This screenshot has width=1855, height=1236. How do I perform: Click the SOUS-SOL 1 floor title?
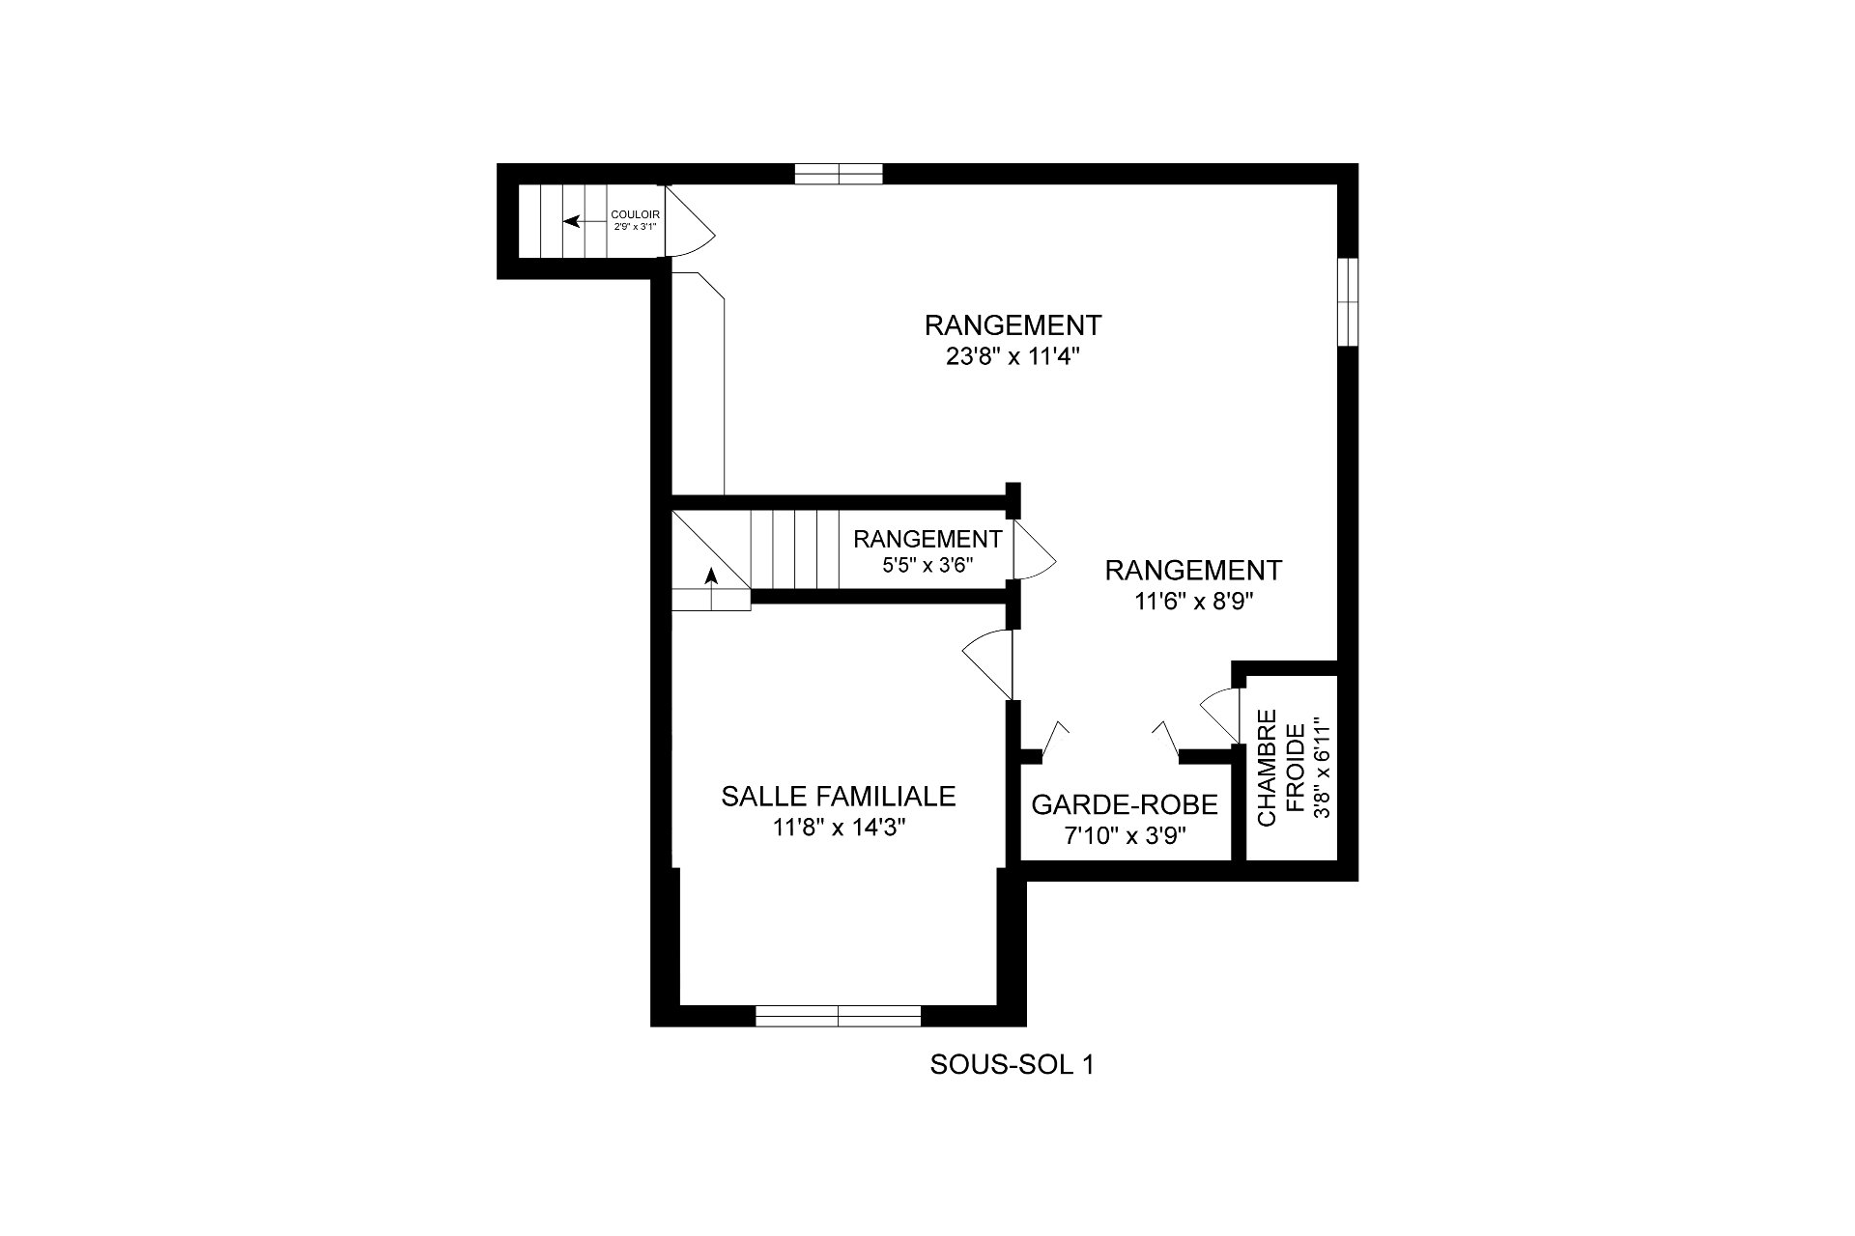click(1013, 1065)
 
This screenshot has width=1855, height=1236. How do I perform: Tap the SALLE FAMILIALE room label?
click(839, 796)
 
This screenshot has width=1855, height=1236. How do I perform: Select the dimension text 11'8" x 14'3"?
click(839, 828)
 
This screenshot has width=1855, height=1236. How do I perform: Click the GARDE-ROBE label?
click(1125, 804)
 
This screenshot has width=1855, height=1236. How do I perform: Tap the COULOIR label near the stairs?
click(635, 214)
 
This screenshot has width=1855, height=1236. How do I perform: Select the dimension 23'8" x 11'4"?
click(1013, 356)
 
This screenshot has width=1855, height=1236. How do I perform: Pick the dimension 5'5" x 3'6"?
click(927, 565)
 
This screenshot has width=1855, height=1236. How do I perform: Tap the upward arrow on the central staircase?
click(711, 588)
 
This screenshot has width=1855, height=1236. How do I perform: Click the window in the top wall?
click(839, 174)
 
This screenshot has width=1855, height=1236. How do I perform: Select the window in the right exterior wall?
click(1348, 301)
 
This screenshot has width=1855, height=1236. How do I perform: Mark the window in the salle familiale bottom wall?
click(838, 1015)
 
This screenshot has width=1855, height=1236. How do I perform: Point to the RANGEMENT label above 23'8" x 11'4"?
click(1013, 323)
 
